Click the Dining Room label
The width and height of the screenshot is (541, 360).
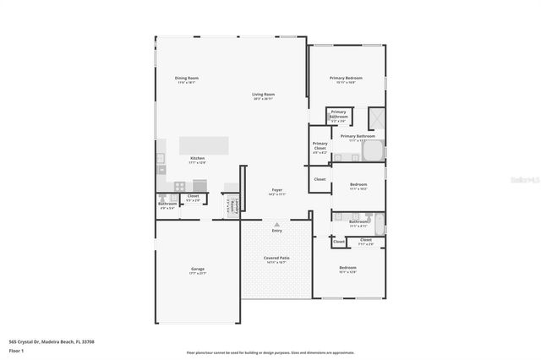186,79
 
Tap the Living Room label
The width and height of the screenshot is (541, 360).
263,95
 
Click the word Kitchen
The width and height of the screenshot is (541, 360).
197,158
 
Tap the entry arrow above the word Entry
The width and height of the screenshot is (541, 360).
276,223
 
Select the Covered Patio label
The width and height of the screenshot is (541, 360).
276,259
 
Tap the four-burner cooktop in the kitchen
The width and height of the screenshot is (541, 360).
179,185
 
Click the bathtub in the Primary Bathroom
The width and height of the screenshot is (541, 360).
372,151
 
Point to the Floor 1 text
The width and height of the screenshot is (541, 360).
16,349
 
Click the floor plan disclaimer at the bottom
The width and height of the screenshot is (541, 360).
270,352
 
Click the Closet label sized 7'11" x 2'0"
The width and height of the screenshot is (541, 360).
366,241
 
